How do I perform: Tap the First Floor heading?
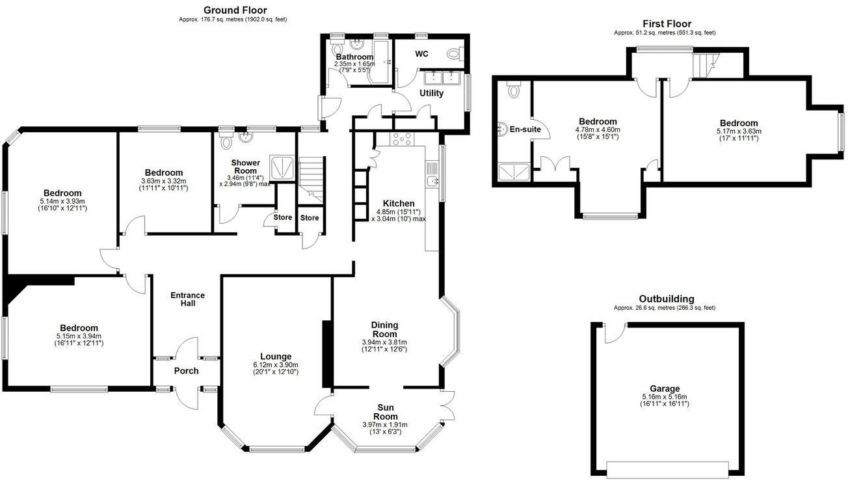(x=667, y=24)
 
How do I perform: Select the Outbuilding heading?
(x=666, y=299)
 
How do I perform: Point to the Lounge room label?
(x=271, y=356)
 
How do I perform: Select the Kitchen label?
(x=399, y=203)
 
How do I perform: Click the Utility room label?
(x=431, y=93)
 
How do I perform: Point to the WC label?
(x=421, y=54)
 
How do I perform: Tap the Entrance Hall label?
(x=187, y=299)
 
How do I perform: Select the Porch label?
(x=186, y=371)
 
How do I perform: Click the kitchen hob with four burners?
(x=401, y=139)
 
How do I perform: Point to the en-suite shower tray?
(x=513, y=172)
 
